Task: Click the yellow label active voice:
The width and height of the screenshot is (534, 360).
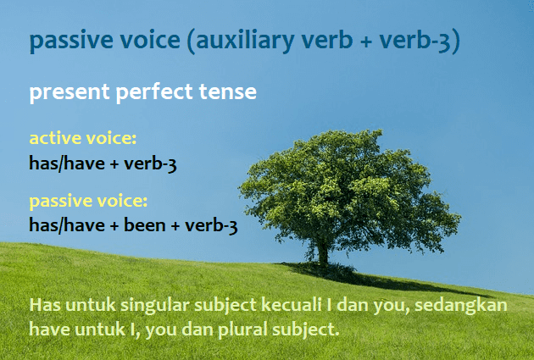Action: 83,138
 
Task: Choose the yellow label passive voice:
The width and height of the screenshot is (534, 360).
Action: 88,202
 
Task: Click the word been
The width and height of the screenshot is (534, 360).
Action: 148,226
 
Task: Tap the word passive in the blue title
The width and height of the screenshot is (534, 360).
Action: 68,41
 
